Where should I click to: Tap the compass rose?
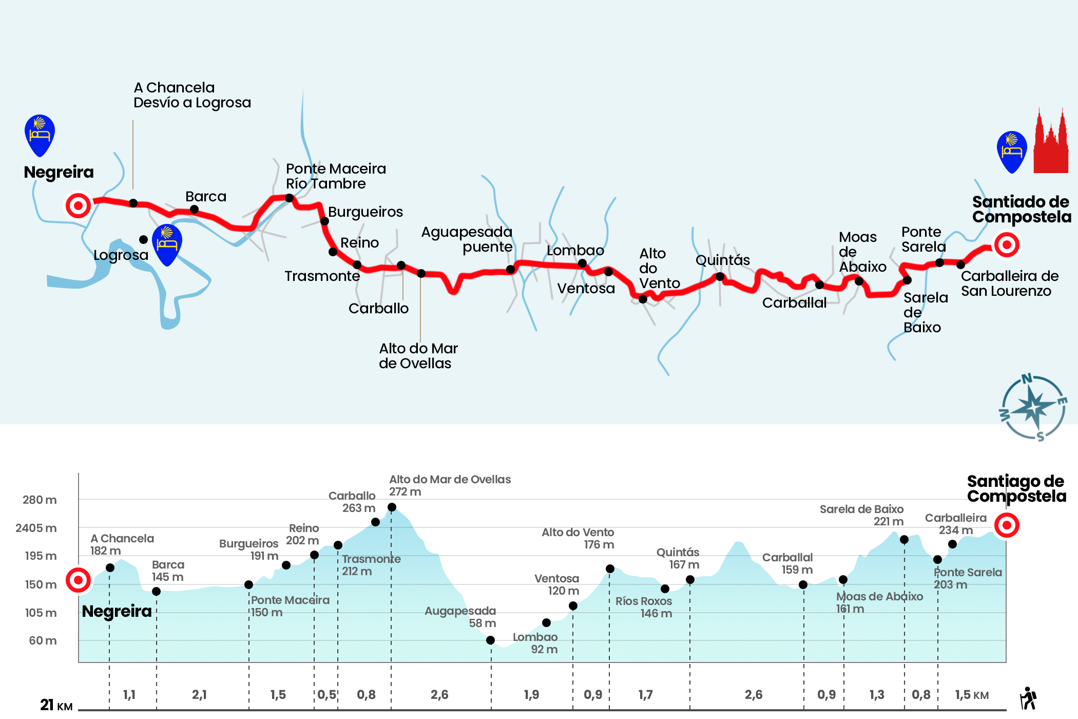coord(1033,407)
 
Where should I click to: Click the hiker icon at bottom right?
coord(1028,698)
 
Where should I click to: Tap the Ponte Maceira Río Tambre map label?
coord(336,176)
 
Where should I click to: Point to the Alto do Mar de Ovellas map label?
coord(418,356)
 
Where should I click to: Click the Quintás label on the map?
coord(723,260)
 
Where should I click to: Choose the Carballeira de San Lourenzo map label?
coord(1009,283)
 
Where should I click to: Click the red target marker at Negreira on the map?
coord(78,205)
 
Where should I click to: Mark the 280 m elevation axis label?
coord(40,500)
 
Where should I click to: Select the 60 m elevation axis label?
coord(43,640)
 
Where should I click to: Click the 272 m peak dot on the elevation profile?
coord(392,507)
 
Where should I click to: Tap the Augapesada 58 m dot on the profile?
coord(490,640)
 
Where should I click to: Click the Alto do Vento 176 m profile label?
coord(578,538)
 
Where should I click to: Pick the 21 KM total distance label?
coord(56,704)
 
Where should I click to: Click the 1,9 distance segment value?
coord(531,695)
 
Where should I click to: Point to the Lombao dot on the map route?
coord(582,263)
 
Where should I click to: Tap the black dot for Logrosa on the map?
coord(143,239)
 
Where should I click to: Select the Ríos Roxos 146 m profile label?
coord(644,607)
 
